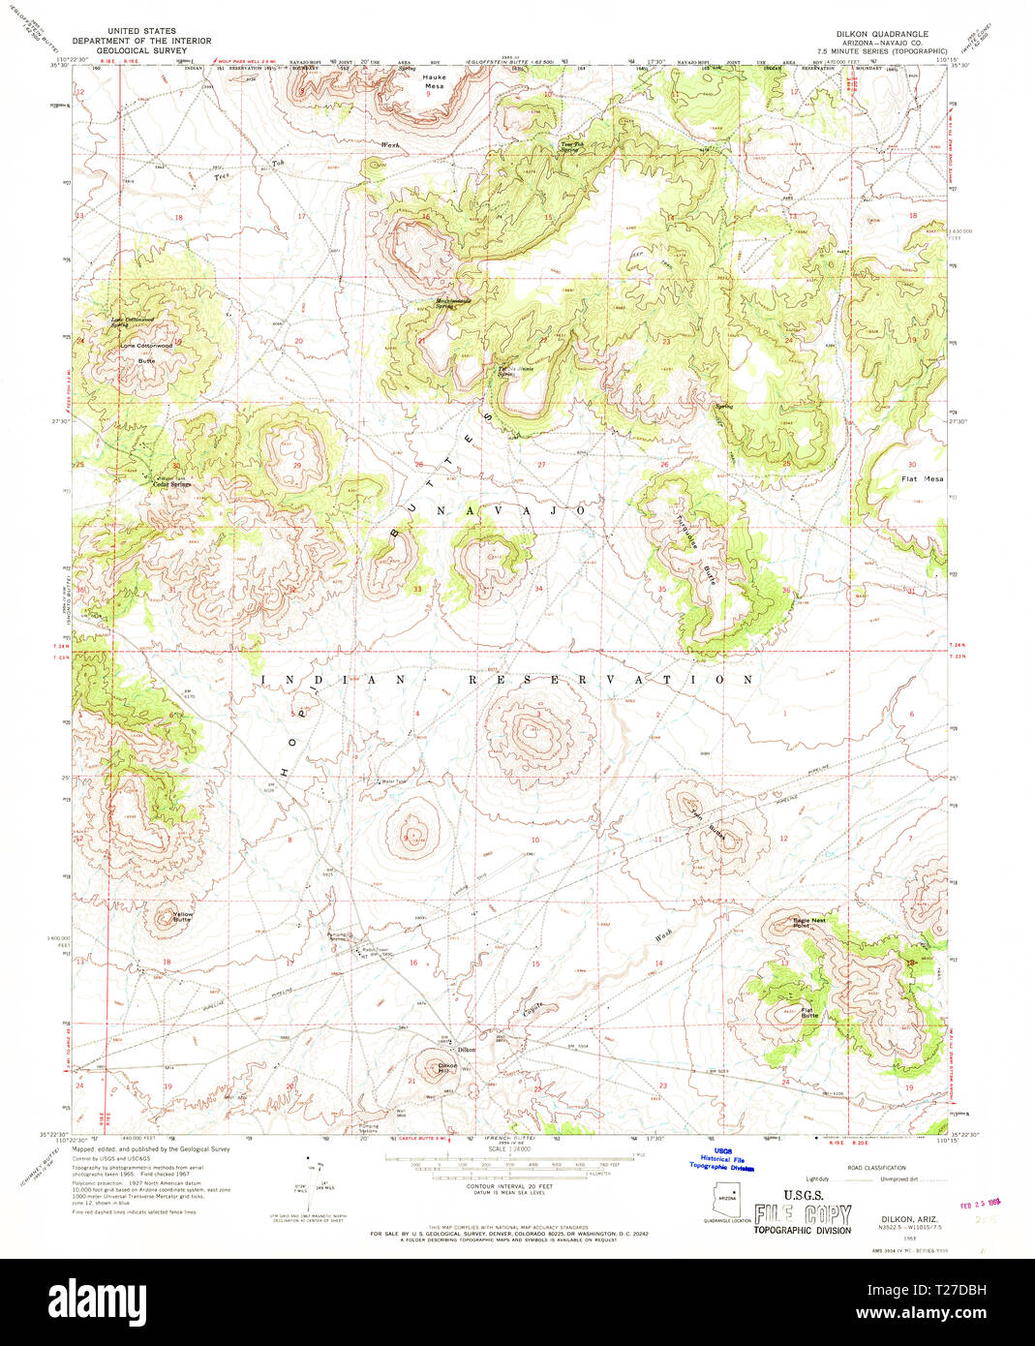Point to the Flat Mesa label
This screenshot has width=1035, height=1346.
click(x=922, y=478)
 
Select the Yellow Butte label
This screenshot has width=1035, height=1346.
click(x=182, y=916)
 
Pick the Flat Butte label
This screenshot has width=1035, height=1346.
click(x=809, y=1014)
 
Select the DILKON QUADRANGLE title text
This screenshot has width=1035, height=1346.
click(x=882, y=34)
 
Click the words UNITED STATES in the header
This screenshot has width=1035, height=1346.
click(x=141, y=31)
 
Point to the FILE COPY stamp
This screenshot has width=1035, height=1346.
click(x=803, y=1214)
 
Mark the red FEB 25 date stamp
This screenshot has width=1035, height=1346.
click(x=978, y=1207)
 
